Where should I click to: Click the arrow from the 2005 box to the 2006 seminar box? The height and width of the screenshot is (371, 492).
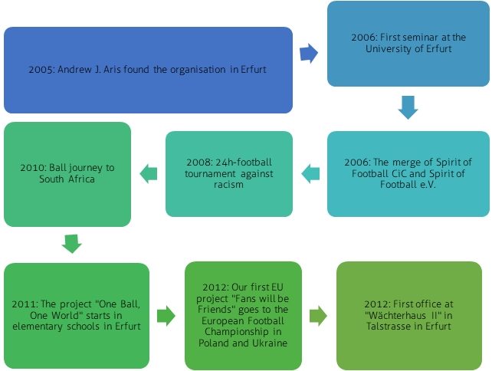coord(309,52)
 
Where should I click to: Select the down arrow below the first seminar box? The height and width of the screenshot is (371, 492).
coord(408,107)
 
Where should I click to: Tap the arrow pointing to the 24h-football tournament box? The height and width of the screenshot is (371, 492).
coord(310,174)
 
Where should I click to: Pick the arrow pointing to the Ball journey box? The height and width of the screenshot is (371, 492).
coord(148,174)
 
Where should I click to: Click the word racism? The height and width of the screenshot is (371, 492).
coord(229,184)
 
